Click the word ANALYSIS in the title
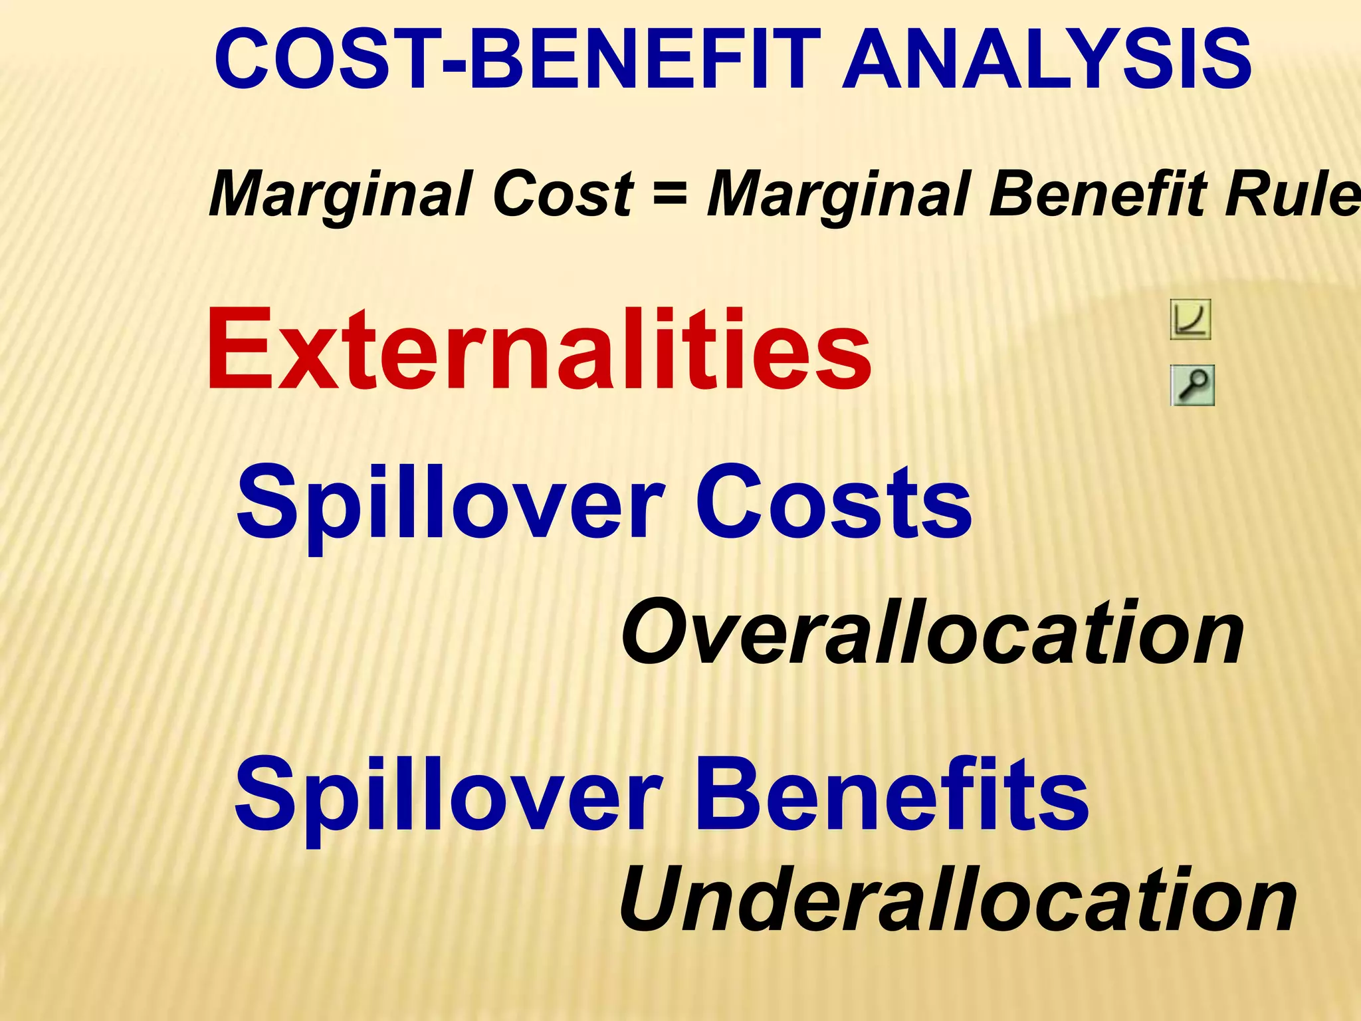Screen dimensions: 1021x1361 tap(1047, 60)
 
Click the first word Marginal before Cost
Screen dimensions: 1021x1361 tap(340, 193)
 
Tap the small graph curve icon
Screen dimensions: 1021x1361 tap(1190, 320)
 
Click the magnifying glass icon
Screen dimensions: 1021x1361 tap(1192, 386)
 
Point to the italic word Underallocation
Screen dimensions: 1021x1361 tap(958, 900)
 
